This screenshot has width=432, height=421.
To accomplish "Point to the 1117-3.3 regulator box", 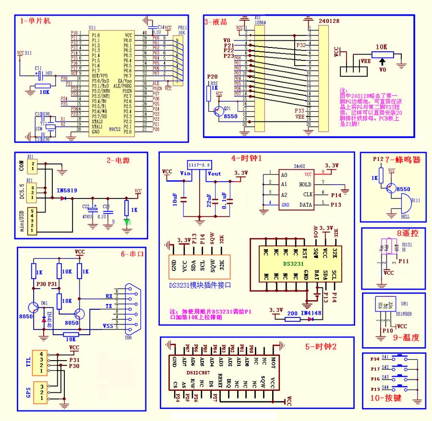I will pos(200,164).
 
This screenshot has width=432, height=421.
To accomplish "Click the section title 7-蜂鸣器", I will pos(405,160).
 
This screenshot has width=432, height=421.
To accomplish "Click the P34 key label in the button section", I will pos(375,357).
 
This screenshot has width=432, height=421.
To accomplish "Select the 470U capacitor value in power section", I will pos(86,217).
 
